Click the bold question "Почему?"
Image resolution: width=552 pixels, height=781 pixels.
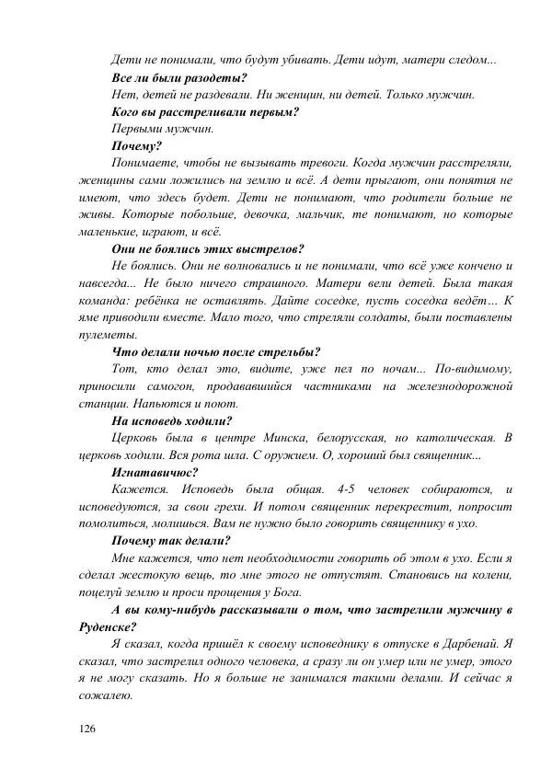136,145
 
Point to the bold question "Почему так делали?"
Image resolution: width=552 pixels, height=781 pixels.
170,540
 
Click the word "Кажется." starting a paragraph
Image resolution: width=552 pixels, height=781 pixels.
136,488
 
